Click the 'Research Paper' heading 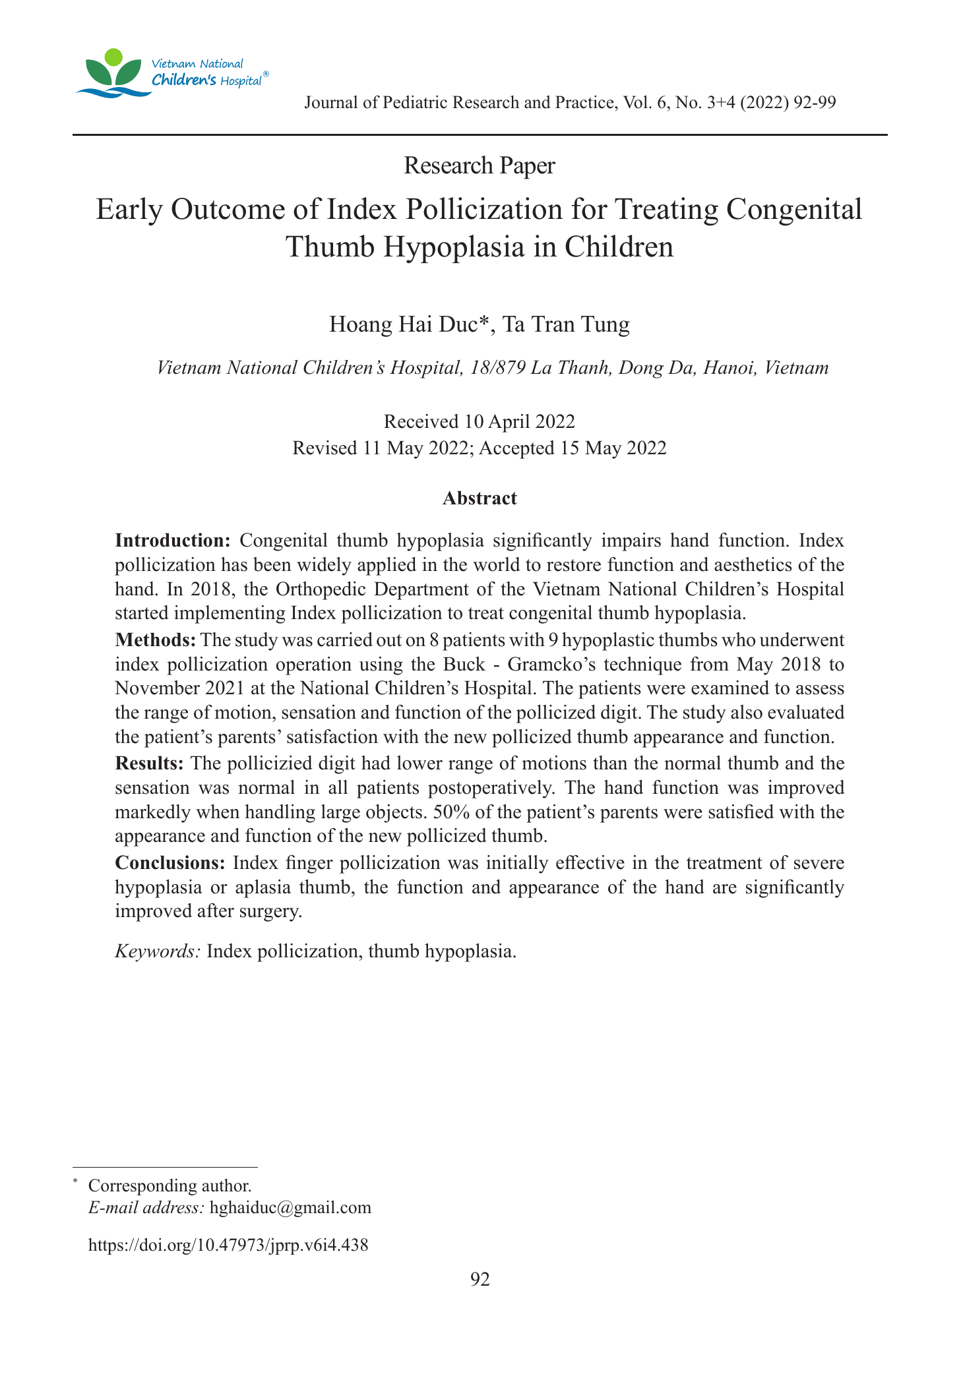[x=480, y=165]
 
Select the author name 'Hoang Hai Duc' [x=407, y=324]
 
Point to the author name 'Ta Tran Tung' [x=566, y=324]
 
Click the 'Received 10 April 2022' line [x=480, y=421]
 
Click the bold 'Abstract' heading [x=480, y=498]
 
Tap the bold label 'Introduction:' [x=172, y=541]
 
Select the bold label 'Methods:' [x=155, y=640]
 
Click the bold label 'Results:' [x=149, y=763]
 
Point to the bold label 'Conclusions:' [x=171, y=862]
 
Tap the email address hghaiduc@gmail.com [x=290, y=1207]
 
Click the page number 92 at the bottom [x=480, y=1279]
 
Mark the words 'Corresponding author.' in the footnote [x=170, y=1185]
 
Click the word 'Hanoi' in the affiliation [x=727, y=368]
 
